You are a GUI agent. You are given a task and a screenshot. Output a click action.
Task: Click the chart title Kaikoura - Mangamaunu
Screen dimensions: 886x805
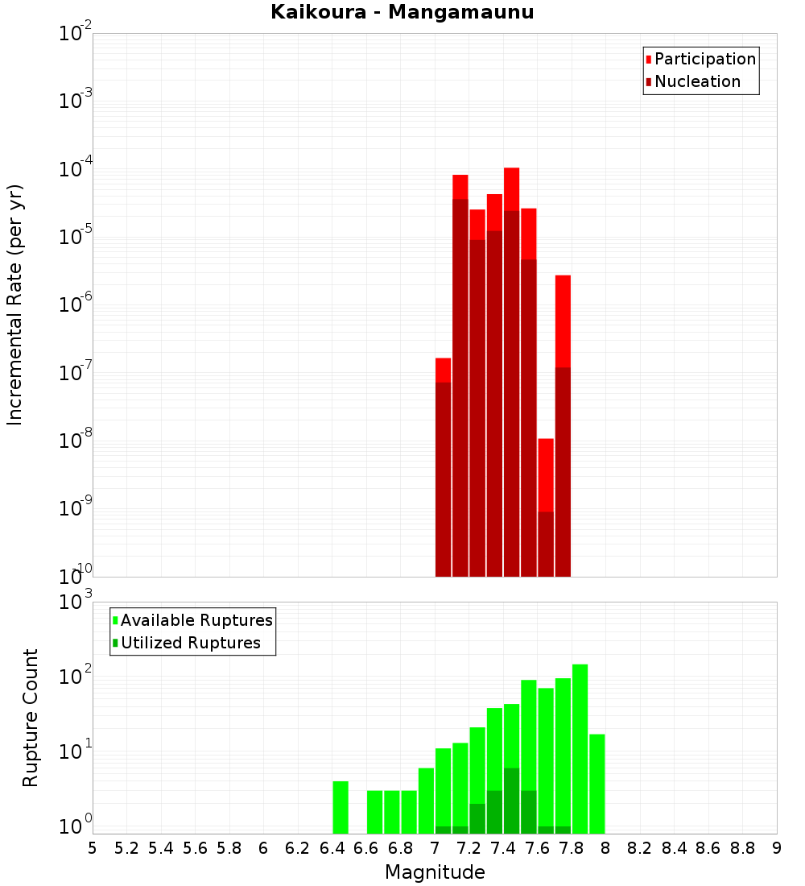[402, 13]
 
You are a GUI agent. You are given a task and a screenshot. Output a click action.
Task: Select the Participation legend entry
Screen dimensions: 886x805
[705, 60]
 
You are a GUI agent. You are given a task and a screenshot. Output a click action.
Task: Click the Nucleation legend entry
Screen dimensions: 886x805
[697, 82]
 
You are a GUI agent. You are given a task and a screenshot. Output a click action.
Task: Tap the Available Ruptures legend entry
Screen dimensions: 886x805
[196, 620]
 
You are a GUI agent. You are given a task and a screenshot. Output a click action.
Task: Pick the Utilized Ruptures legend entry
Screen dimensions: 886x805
[190, 643]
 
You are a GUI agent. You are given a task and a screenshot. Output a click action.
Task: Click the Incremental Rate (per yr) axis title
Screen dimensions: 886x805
[15, 304]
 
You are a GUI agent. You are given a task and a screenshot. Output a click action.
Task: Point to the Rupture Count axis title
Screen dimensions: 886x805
[31, 718]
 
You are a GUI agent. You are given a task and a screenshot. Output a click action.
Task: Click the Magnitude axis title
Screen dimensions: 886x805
[435, 872]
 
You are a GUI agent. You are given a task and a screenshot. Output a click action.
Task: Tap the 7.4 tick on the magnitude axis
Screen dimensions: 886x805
[503, 848]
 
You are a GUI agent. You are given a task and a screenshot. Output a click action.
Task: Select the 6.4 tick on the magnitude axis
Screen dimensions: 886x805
[332, 848]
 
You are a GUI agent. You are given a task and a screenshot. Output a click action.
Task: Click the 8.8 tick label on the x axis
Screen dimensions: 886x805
[742, 848]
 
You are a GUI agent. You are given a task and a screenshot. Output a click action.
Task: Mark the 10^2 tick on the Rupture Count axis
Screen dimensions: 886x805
[75, 677]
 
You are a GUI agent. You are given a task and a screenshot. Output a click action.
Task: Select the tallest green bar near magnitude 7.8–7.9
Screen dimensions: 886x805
[580, 749]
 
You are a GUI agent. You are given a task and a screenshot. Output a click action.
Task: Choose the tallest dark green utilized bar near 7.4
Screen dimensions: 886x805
[511, 801]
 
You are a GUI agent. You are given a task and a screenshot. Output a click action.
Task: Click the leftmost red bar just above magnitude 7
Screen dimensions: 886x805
[443, 467]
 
